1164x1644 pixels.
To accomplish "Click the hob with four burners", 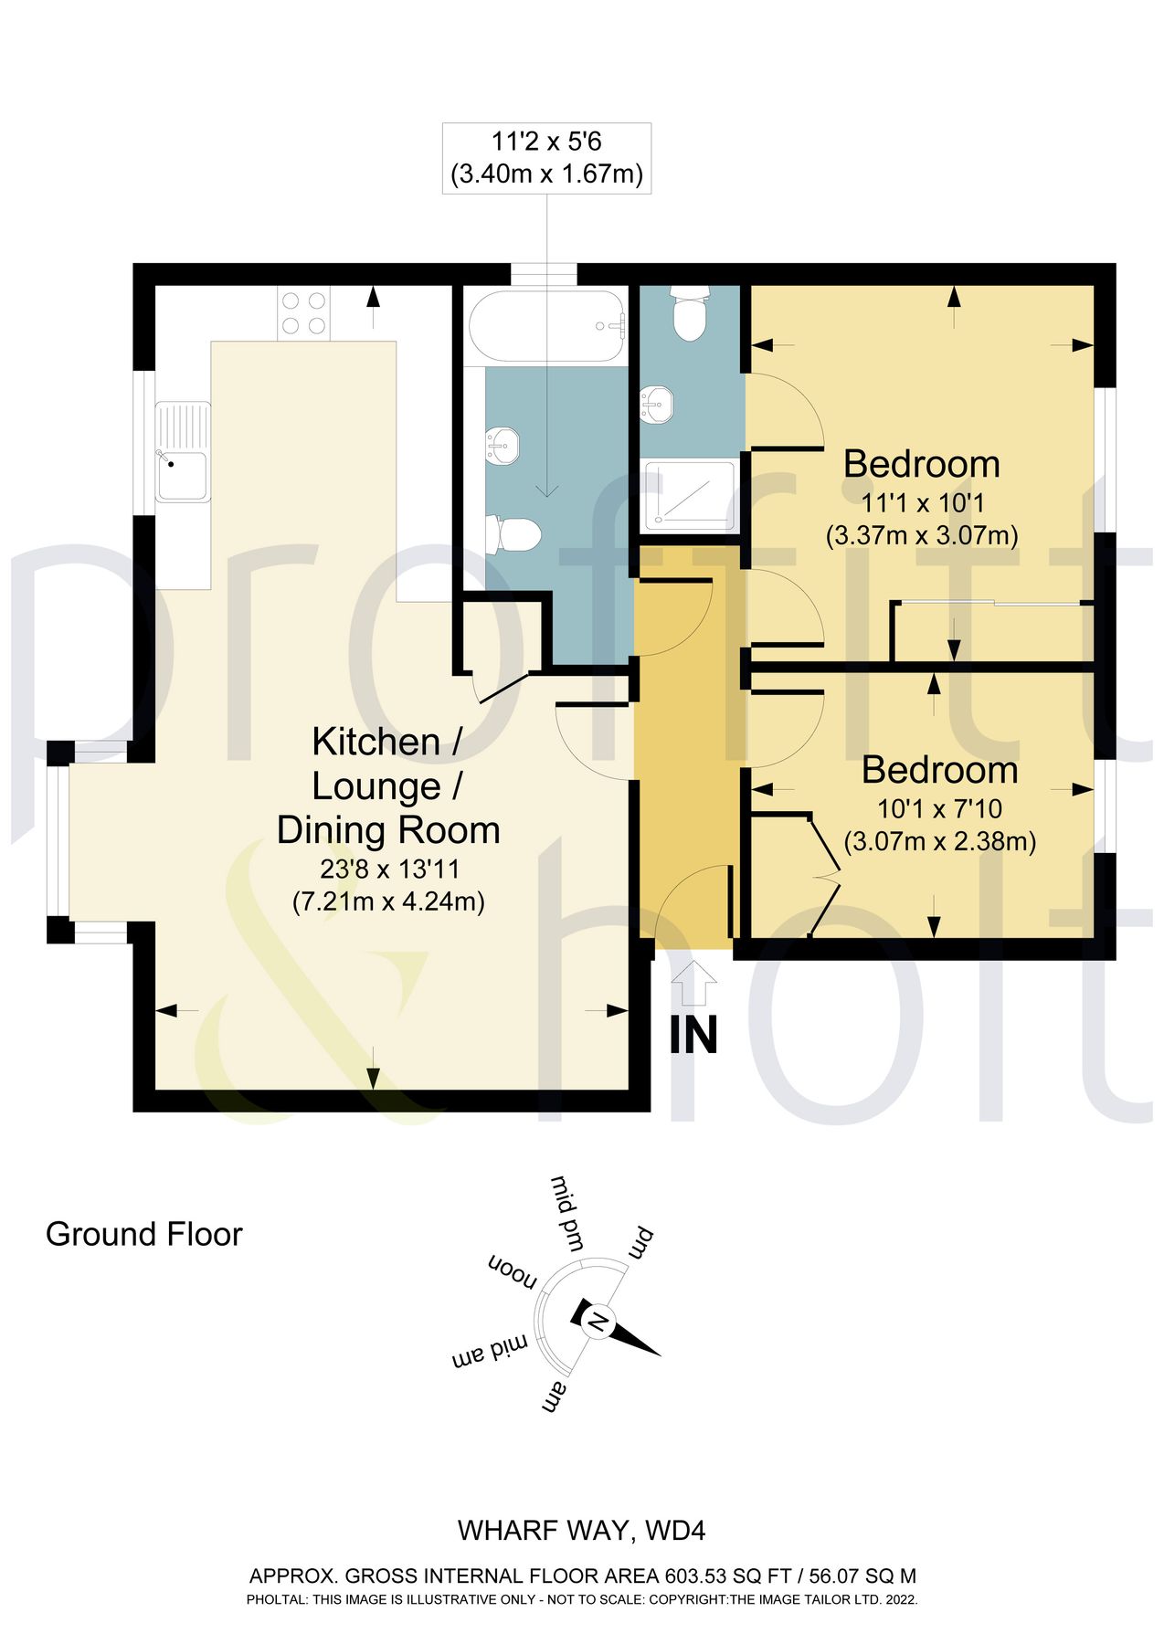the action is click(304, 312).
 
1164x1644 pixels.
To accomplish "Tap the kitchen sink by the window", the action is click(182, 452).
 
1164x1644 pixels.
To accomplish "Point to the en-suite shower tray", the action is click(690, 496).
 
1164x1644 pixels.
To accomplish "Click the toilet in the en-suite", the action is click(691, 311).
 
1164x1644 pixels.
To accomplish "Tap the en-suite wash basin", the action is click(657, 403).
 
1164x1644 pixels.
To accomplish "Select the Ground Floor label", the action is click(144, 1234).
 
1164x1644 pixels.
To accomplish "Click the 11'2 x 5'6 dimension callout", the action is click(546, 158).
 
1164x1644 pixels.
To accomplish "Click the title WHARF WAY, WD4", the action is click(582, 1531).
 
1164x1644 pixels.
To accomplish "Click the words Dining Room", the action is click(388, 830).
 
